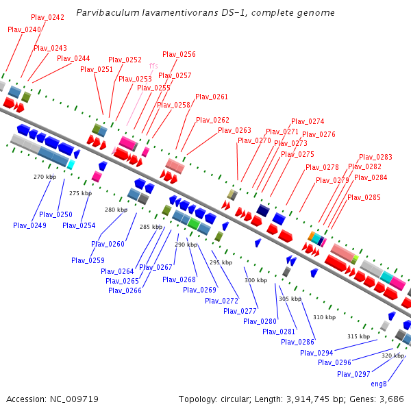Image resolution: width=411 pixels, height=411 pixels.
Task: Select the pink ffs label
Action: [153, 66]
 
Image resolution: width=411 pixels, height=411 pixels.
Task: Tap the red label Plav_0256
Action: [179, 54]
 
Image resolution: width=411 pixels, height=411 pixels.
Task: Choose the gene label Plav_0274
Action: [308, 121]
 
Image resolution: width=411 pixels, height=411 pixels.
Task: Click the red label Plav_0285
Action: [364, 197]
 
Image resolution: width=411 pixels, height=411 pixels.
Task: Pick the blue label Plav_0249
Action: [29, 225]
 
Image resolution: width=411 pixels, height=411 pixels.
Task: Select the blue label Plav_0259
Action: [88, 260]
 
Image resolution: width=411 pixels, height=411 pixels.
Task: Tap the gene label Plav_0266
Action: [125, 290]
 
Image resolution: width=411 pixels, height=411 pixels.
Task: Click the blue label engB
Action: [379, 384]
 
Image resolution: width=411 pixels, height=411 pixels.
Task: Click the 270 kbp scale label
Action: [42, 177]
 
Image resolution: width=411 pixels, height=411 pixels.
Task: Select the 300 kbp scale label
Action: [256, 280]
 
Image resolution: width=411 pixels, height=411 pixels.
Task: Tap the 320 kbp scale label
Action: [393, 356]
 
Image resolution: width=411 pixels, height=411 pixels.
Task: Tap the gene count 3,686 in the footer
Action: [390, 399]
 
